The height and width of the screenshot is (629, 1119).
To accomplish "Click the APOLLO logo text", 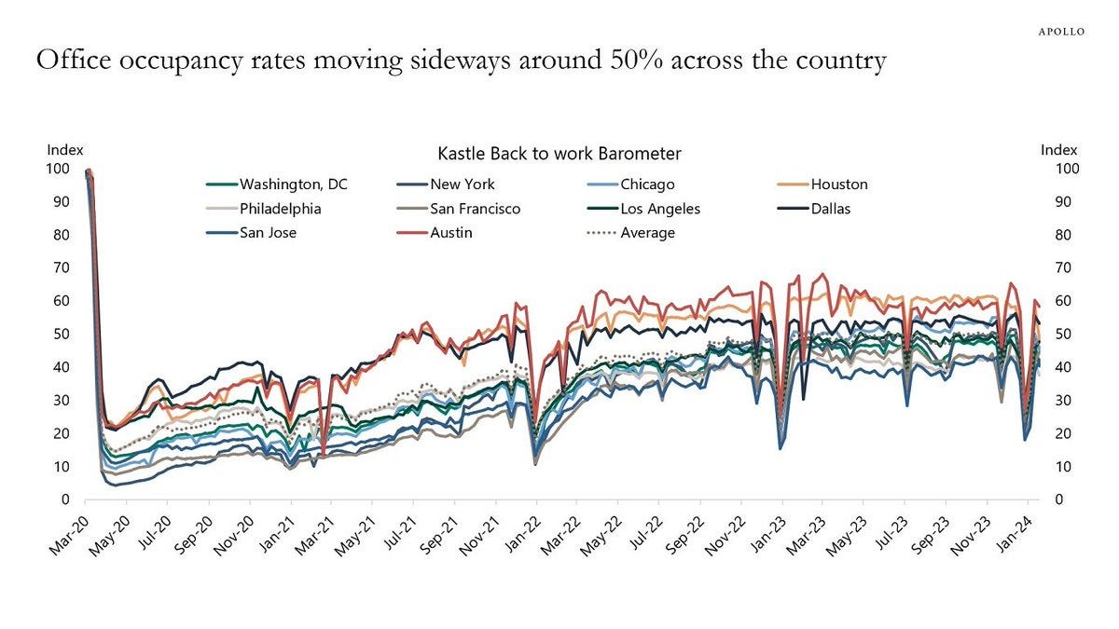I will [x=1061, y=31].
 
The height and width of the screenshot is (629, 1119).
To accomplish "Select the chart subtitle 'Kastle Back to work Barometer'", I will [x=559, y=153].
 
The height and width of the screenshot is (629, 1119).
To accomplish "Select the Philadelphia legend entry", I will [x=280, y=209].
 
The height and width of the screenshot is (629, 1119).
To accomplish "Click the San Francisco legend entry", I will [x=475, y=209].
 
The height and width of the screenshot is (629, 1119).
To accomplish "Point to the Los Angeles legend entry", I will [x=660, y=209].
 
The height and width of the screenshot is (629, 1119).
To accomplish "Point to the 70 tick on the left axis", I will [x=61, y=268].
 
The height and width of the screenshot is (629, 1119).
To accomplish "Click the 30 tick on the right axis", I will [x=1048, y=401].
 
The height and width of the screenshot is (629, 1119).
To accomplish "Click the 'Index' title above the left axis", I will [x=65, y=150].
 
